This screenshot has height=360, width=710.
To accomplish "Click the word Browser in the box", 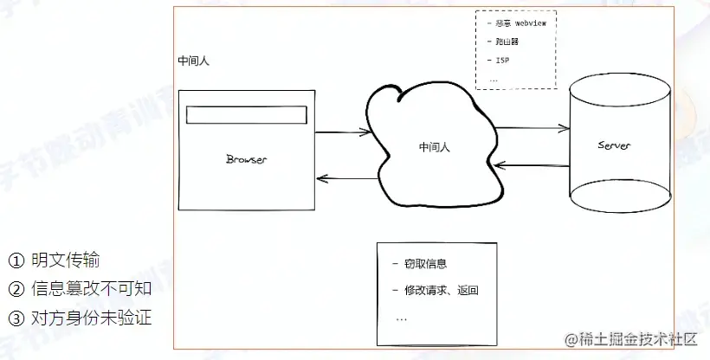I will [246, 159].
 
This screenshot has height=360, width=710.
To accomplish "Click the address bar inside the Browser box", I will [248, 114].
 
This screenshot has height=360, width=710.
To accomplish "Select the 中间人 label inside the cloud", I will [433, 147].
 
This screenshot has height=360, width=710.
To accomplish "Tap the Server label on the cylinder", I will [614, 145].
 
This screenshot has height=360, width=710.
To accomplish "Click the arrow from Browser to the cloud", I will [344, 133].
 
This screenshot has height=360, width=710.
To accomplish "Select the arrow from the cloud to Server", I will [533, 129].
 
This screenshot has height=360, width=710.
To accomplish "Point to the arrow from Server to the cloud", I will [533, 165].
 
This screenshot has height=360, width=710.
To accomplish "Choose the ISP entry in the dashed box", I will [501, 61].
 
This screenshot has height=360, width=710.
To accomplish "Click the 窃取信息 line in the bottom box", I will [424, 264].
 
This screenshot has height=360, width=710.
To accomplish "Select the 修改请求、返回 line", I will [441, 290].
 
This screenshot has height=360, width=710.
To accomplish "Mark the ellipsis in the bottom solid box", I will [401, 318].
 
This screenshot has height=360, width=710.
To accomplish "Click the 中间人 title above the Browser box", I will [193, 61].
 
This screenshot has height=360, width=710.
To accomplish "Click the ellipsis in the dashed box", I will [493, 79].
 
